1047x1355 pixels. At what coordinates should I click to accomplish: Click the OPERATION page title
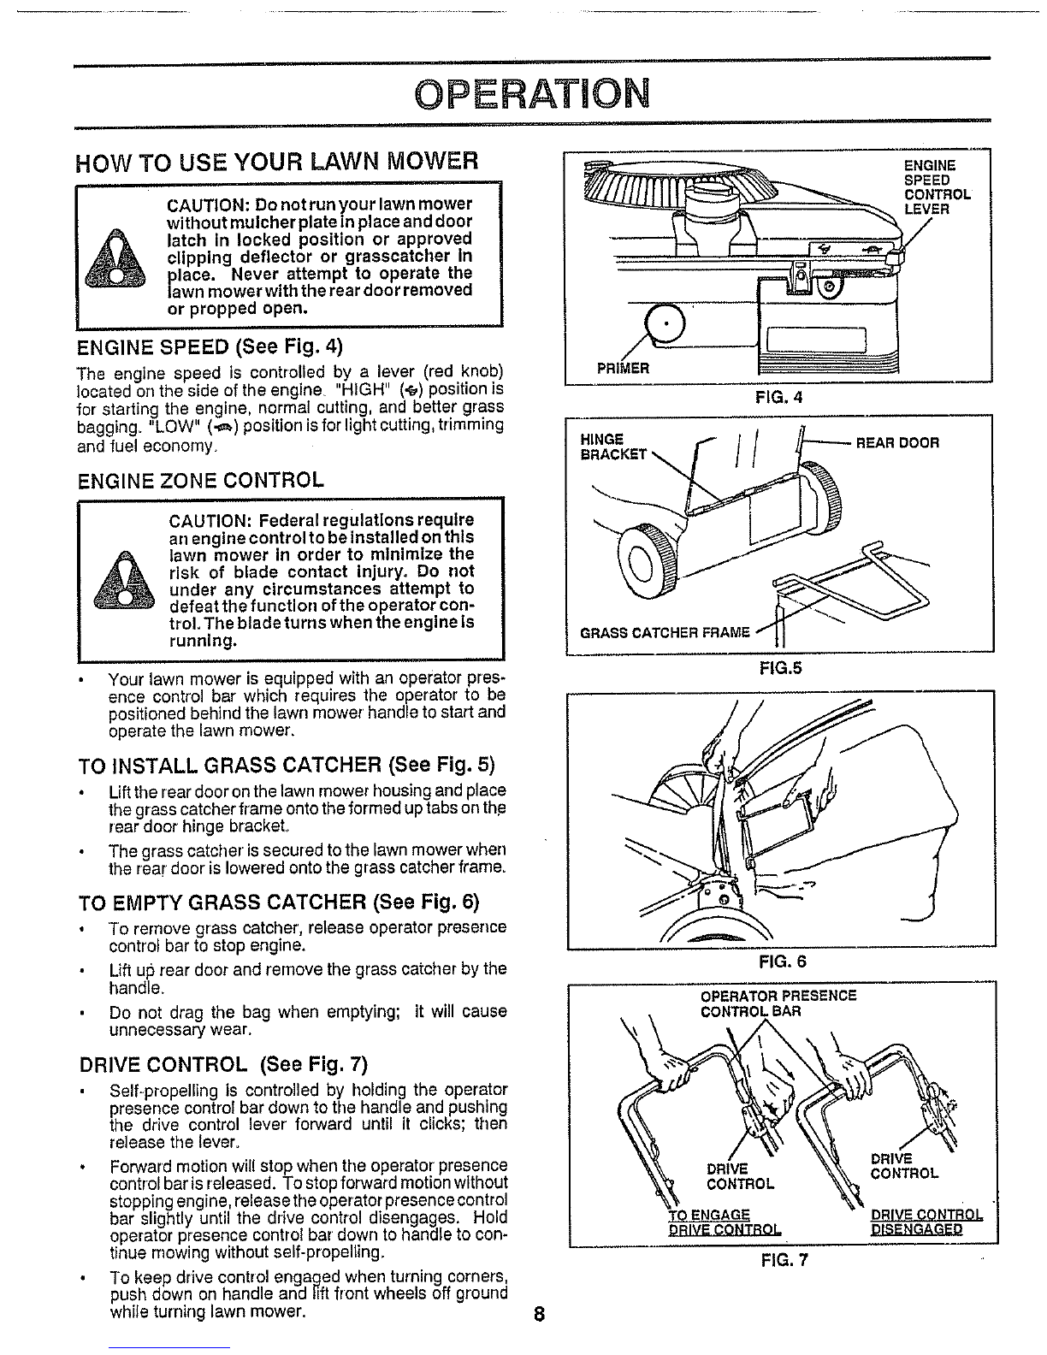[x=532, y=93]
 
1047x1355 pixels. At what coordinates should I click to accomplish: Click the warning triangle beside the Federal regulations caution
[x=124, y=580]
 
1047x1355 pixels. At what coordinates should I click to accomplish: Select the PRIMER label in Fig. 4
[x=623, y=368]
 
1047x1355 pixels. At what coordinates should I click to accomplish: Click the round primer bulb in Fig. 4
[x=665, y=324]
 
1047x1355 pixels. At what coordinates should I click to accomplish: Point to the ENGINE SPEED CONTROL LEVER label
[x=938, y=187]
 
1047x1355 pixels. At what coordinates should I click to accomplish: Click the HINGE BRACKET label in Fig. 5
[x=613, y=447]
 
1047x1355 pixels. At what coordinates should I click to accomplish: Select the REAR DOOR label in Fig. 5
[x=896, y=443]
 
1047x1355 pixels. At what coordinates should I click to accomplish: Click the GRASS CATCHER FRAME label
[x=665, y=633]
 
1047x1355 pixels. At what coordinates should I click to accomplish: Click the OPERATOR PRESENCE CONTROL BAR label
[x=778, y=1004]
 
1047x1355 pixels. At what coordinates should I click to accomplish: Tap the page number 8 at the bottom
[x=540, y=1314]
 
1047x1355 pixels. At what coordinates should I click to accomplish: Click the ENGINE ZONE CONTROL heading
[x=201, y=481]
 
